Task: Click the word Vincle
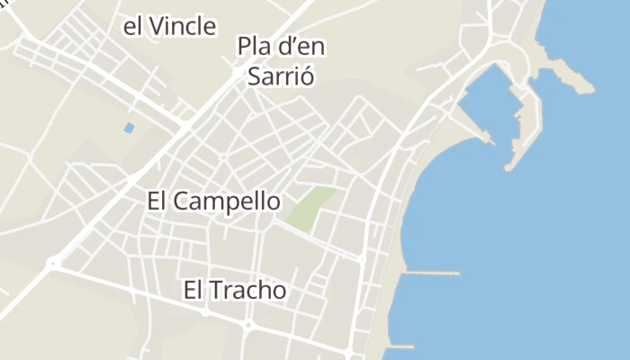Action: (x=183, y=27)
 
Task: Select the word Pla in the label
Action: (x=253, y=45)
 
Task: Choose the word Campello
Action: (x=226, y=202)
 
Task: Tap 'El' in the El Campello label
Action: (x=157, y=202)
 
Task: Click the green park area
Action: (x=310, y=208)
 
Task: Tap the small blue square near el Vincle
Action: (x=129, y=128)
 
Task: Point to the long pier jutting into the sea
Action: (x=432, y=273)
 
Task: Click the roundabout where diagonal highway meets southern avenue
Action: (x=54, y=264)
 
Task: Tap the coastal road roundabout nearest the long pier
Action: (x=362, y=259)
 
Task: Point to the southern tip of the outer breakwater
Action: (x=510, y=166)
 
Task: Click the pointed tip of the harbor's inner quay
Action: (x=490, y=139)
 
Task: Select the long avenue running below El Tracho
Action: (x=207, y=312)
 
